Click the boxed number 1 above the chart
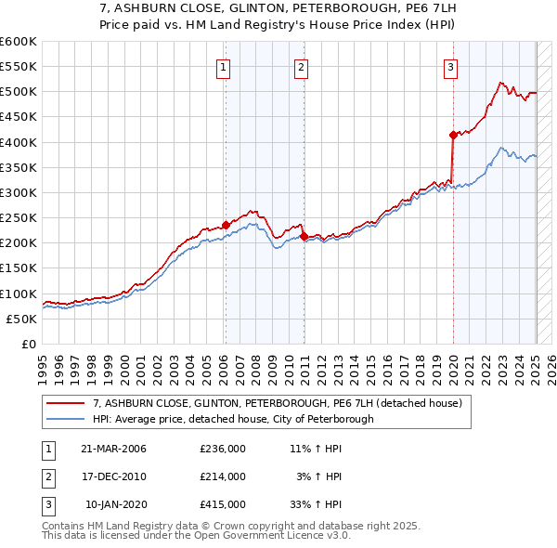[225, 66]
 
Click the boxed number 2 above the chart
[303, 66]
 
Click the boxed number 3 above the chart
[450, 66]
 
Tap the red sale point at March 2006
[226, 225]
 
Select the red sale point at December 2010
[304, 236]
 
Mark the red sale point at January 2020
[453, 135]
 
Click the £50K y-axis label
[22, 319]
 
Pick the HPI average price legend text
[233, 419]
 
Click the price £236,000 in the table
[223, 449]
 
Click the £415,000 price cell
[223, 504]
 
